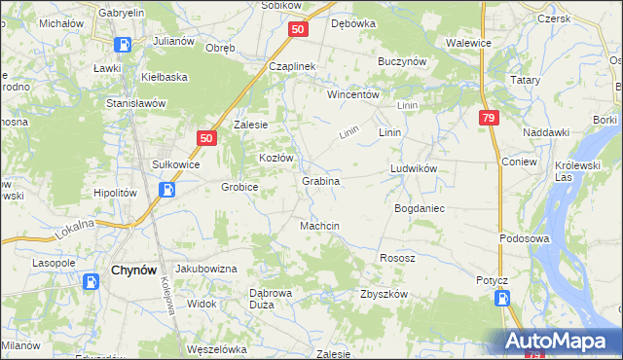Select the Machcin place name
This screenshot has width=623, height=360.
[319, 226]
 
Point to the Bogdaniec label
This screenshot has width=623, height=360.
[419, 209]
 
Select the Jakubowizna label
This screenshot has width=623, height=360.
[205, 268]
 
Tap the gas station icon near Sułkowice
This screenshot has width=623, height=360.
[167, 189]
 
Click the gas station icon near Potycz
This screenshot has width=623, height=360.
[501, 298]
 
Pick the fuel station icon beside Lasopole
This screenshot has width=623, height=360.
[91, 282]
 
